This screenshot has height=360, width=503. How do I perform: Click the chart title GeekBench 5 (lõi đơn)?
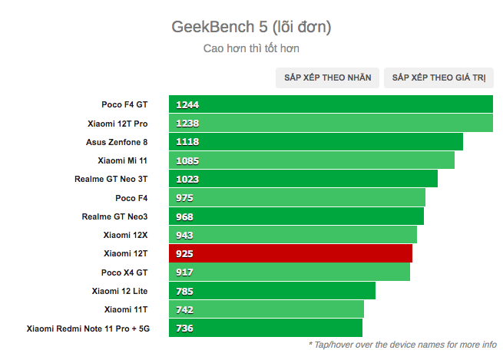coord(251,28)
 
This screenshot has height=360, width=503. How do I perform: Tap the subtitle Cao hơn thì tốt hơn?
coord(251,48)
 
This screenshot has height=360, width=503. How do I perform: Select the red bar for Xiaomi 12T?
coord(290,253)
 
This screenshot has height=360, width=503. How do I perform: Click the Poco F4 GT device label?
coord(124,104)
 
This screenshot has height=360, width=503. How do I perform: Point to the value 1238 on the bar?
coord(187,124)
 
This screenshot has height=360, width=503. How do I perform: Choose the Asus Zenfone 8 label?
coord(117,142)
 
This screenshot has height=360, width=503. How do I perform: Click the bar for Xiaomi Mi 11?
coord(311,160)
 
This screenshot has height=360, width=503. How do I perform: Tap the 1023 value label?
coord(187,180)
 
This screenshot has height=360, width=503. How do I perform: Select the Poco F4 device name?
coord(131,198)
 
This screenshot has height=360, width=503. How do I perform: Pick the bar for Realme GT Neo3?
coord(296,216)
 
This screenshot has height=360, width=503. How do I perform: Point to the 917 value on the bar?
coord(184,272)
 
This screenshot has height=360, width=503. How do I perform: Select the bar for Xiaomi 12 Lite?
coord(272,291)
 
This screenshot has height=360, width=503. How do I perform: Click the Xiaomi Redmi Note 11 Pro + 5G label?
coord(87,329)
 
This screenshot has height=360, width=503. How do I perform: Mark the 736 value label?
coord(184,329)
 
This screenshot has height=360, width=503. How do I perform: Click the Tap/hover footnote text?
coord(402,345)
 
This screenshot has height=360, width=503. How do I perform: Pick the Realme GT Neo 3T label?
coord(111,179)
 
